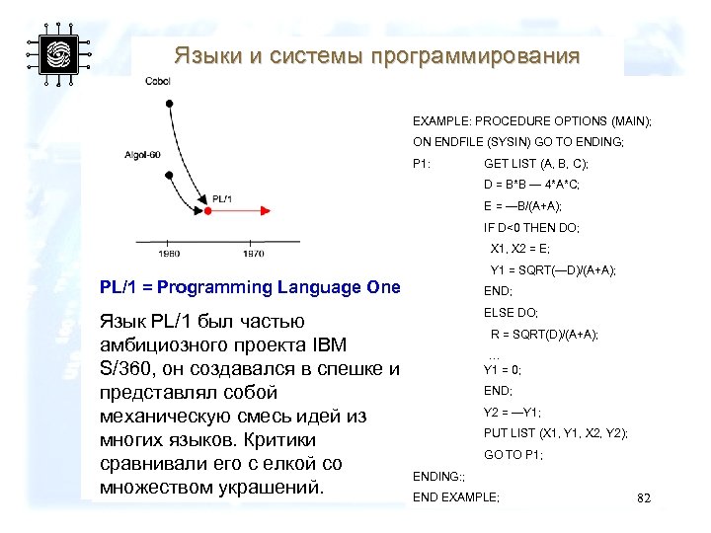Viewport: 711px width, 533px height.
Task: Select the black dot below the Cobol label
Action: tap(170, 103)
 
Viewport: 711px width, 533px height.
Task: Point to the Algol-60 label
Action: tap(143, 155)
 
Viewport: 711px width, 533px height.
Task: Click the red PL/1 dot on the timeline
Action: tap(207, 210)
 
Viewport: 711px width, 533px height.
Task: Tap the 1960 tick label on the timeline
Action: tap(168, 253)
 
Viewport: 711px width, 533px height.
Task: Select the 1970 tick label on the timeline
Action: tap(253, 253)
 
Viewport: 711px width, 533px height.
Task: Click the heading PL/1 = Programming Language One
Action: tap(251, 287)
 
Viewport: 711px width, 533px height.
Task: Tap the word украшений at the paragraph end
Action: tap(265, 488)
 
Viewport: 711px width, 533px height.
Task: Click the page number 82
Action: tap(644, 498)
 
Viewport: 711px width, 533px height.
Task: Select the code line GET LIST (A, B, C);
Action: tap(535, 163)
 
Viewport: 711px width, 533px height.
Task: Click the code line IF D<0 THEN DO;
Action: tap(531, 227)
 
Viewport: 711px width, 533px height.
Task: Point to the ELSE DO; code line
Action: tap(511, 312)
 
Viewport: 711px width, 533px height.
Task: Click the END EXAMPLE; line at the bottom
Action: tap(456, 496)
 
